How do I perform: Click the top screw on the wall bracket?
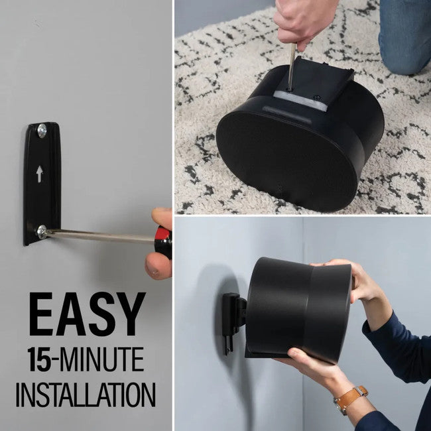42,131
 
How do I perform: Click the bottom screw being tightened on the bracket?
42,231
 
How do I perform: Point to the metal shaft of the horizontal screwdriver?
99,236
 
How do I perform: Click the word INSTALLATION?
86,393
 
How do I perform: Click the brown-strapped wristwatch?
349,399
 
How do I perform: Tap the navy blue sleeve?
398,345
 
